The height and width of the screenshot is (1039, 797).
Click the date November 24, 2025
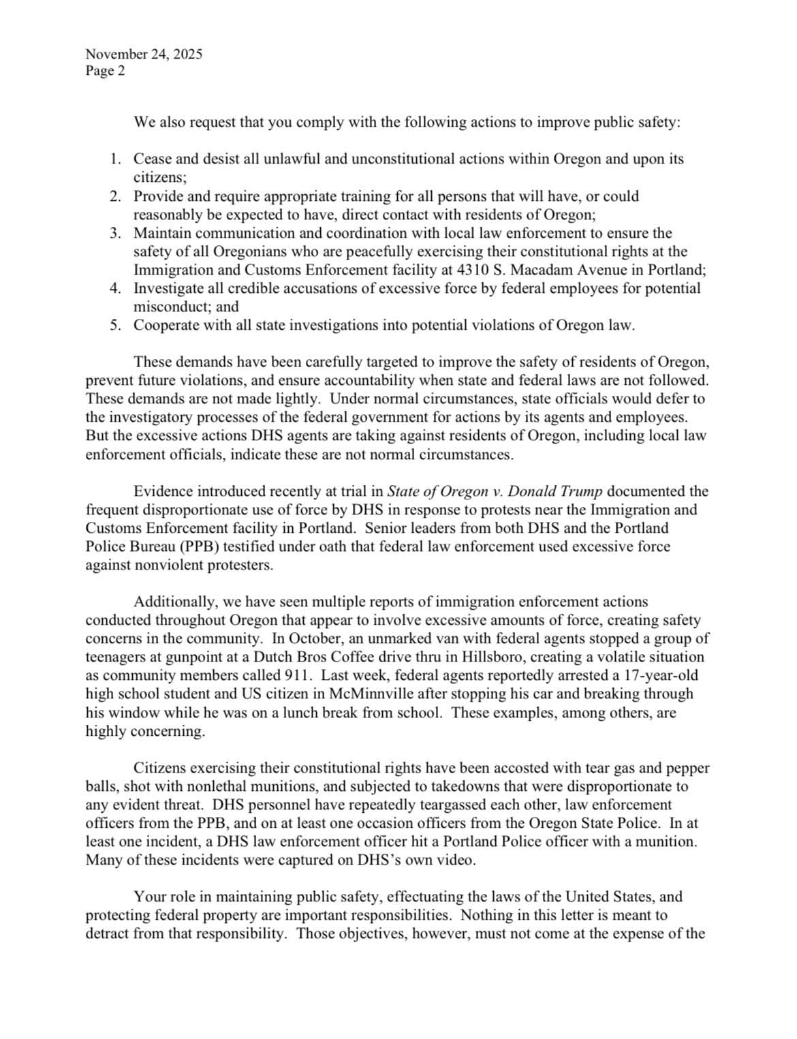coord(144,55)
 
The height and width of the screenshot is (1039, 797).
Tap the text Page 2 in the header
coord(105,71)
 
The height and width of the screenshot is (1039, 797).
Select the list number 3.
coord(115,233)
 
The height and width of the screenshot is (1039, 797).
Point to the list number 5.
coord(115,325)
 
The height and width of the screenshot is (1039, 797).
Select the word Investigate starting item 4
coord(169,288)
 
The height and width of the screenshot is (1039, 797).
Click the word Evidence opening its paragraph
coord(163,491)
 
